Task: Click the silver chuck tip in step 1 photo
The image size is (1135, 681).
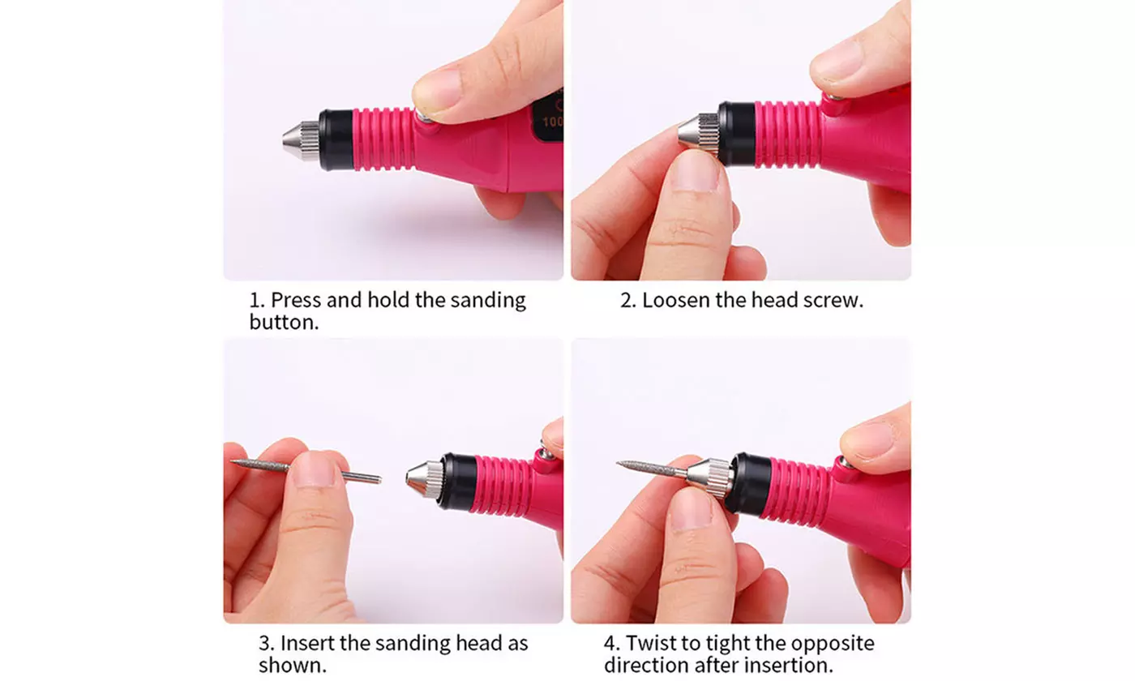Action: (x=301, y=140)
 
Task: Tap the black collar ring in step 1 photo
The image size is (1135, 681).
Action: (x=335, y=139)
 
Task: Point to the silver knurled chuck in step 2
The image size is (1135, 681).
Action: (x=698, y=132)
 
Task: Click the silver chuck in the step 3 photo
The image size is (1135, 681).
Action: (x=425, y=479)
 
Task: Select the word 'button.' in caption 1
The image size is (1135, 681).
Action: (x=283, y=322)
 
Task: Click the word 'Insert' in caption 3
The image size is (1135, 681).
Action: (x=304, y=644)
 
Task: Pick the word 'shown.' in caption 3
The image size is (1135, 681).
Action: (x=293, y=666)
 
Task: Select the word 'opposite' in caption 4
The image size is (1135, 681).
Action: (x=833, y=644)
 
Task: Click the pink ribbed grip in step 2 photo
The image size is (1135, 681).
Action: (x=787, y=134)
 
